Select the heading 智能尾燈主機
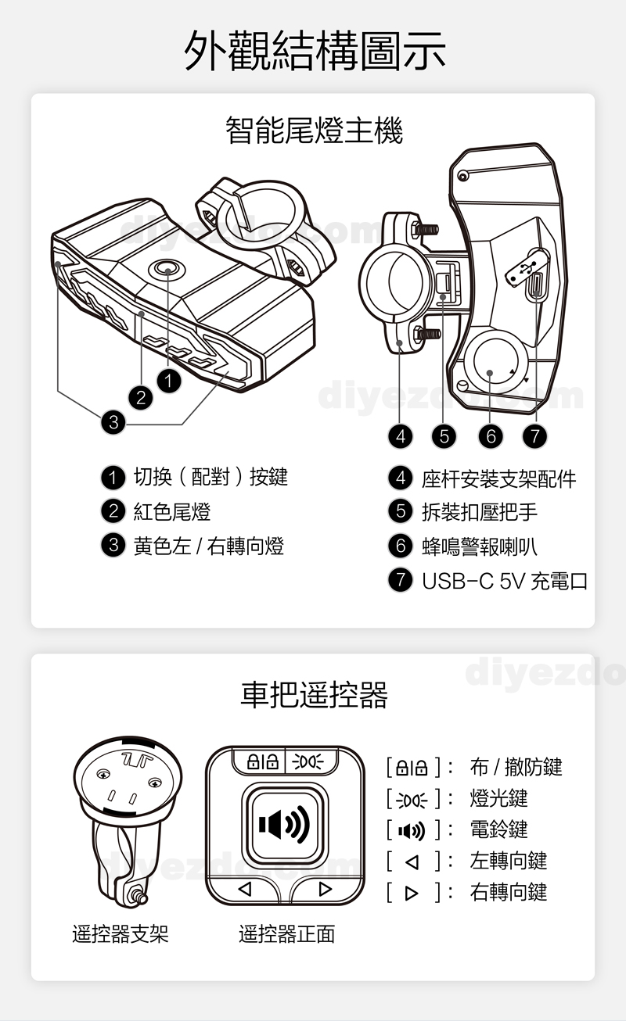pyautogui.click(x=314, y=130)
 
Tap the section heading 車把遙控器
pyautogui.click(x=314, y=693)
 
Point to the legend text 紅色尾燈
pyautogui.click(x=172, y=512)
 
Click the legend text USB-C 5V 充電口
pyautogui.click(x=504, y=581)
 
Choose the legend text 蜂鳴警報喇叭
pyautogui.click(x=480, y=546)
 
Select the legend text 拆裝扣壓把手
pyautogui.click(x=480, y=512)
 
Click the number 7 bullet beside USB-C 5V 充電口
pyautogui.click(x=400, y=581)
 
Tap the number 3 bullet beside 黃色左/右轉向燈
pyautogui.click(x=113, y=545)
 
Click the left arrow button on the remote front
pyautogui.click(x=244, y=889)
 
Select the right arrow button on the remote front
pyautogui.click(x=326, y=889)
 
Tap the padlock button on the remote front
pyautogui.click(x=260, y=761)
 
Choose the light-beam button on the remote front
pyautogui.click(x=311, y=761)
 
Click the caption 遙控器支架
pyautogui.click(x=121, y=933)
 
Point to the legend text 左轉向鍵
pyautogui.click(x=508, y=861)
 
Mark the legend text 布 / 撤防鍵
pyautogui.click(x=516, y=767)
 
